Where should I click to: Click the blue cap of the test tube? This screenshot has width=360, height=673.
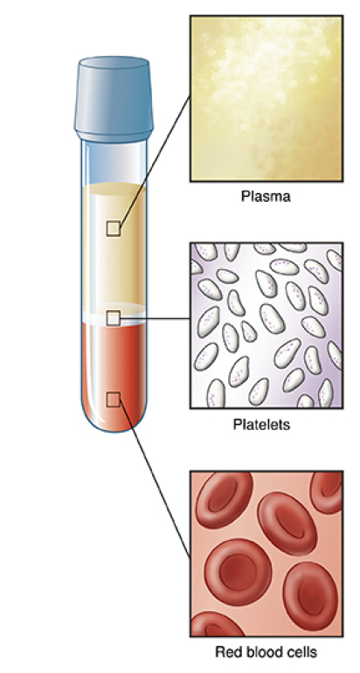114,99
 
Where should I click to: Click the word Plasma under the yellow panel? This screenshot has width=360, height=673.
266,197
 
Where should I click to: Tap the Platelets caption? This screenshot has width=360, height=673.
262,425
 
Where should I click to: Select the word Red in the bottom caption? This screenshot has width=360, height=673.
226,652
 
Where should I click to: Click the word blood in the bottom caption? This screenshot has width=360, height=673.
260,652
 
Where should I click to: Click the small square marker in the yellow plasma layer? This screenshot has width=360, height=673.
114,229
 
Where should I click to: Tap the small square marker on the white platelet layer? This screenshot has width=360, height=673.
113,318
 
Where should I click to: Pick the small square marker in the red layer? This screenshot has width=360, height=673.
113,399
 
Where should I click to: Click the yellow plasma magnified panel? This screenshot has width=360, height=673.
267,99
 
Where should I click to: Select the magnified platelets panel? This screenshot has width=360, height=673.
267,325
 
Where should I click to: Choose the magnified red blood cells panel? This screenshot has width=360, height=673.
267,553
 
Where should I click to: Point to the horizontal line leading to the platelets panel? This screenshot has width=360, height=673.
155,319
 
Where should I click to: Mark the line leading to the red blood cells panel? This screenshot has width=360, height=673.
155,478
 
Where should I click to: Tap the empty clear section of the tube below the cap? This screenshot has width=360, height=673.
114,163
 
